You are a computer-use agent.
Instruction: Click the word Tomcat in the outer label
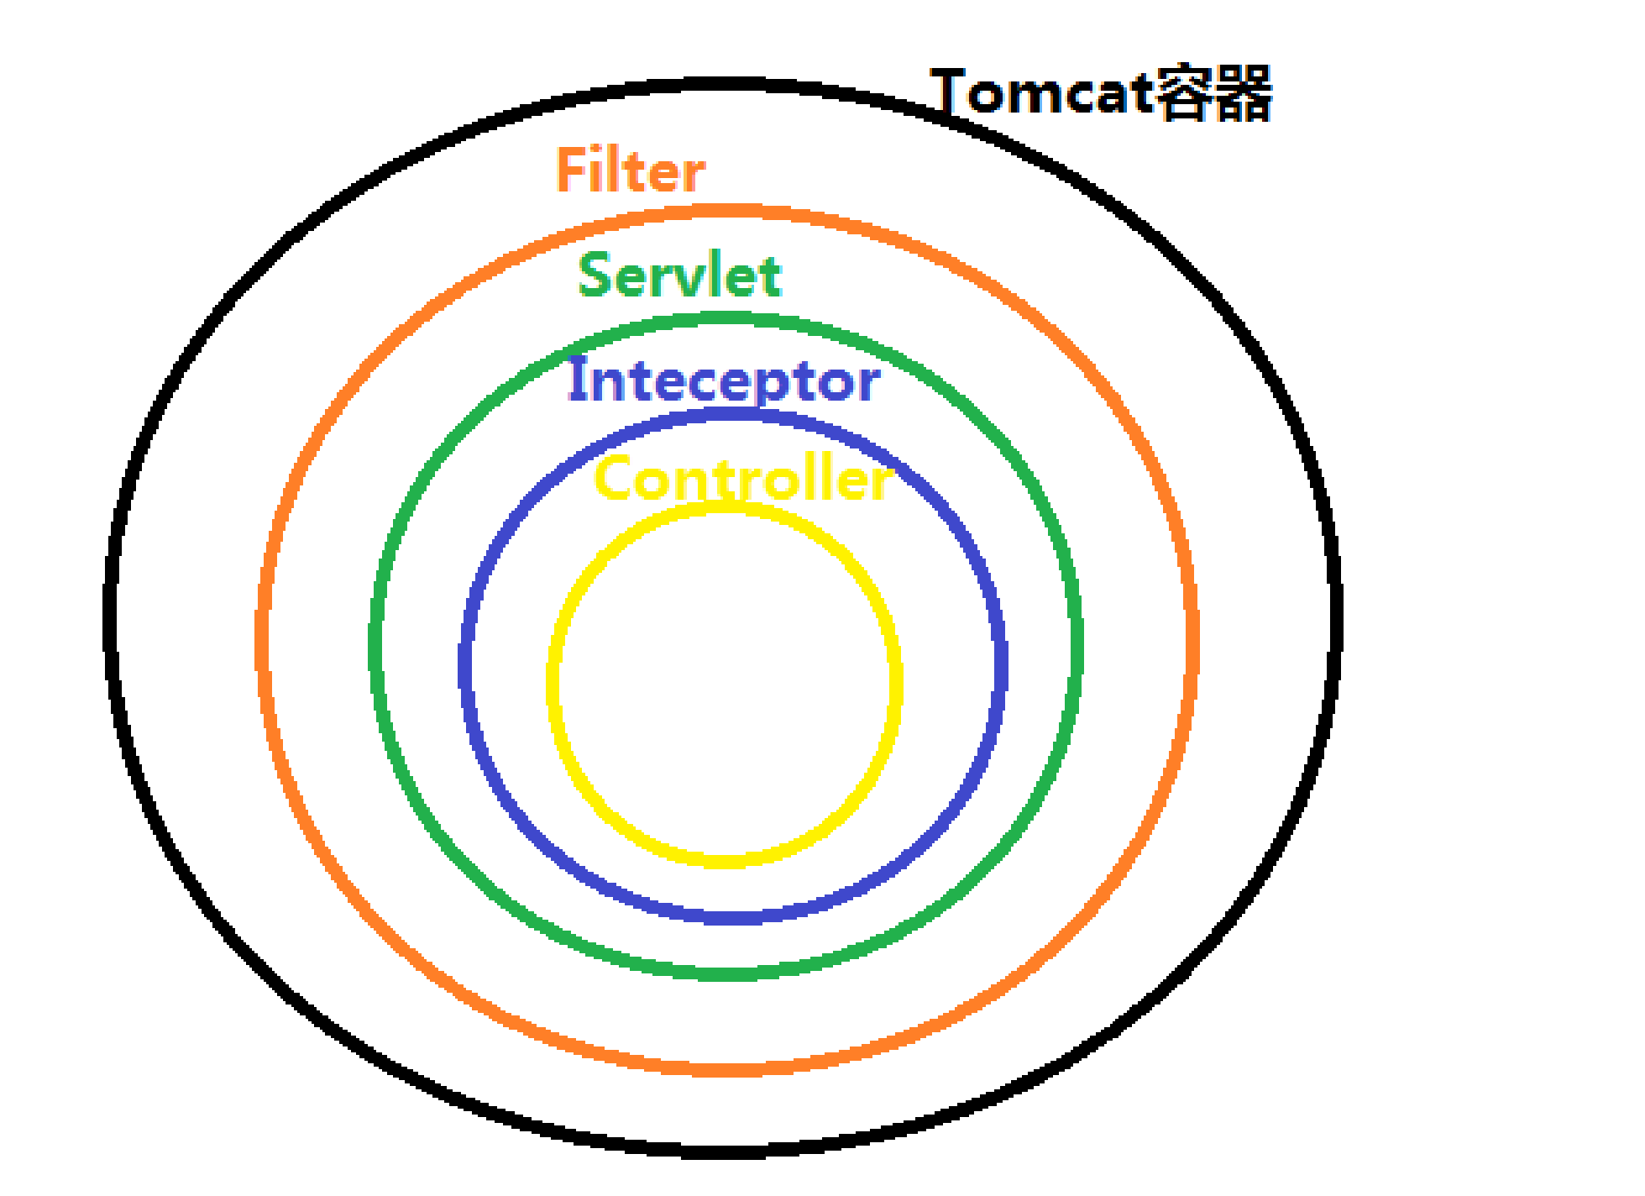1041,92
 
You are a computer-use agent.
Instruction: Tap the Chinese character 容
1182,92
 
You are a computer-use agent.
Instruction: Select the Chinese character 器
1244,92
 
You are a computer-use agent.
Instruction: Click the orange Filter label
631,170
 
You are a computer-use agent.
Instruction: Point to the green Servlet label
680,275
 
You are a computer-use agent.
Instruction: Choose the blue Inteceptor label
724,380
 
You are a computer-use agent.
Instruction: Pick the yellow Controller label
743,478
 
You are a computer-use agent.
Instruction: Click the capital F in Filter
571,170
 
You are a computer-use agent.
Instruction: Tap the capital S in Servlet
596,275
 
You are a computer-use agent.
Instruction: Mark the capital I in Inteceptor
578,378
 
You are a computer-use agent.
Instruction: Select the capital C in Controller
614,478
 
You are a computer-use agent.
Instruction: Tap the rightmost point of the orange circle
1192,638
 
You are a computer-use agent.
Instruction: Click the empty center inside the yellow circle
724,685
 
